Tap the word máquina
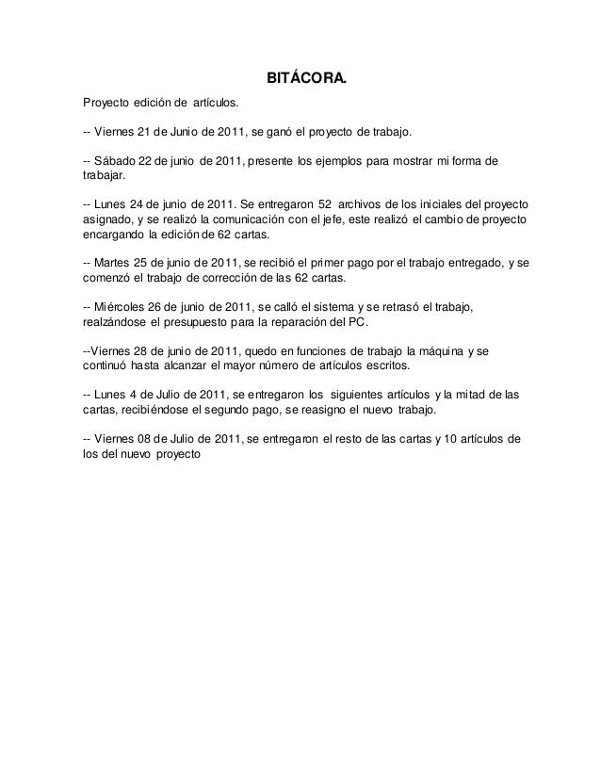[453, 349]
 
